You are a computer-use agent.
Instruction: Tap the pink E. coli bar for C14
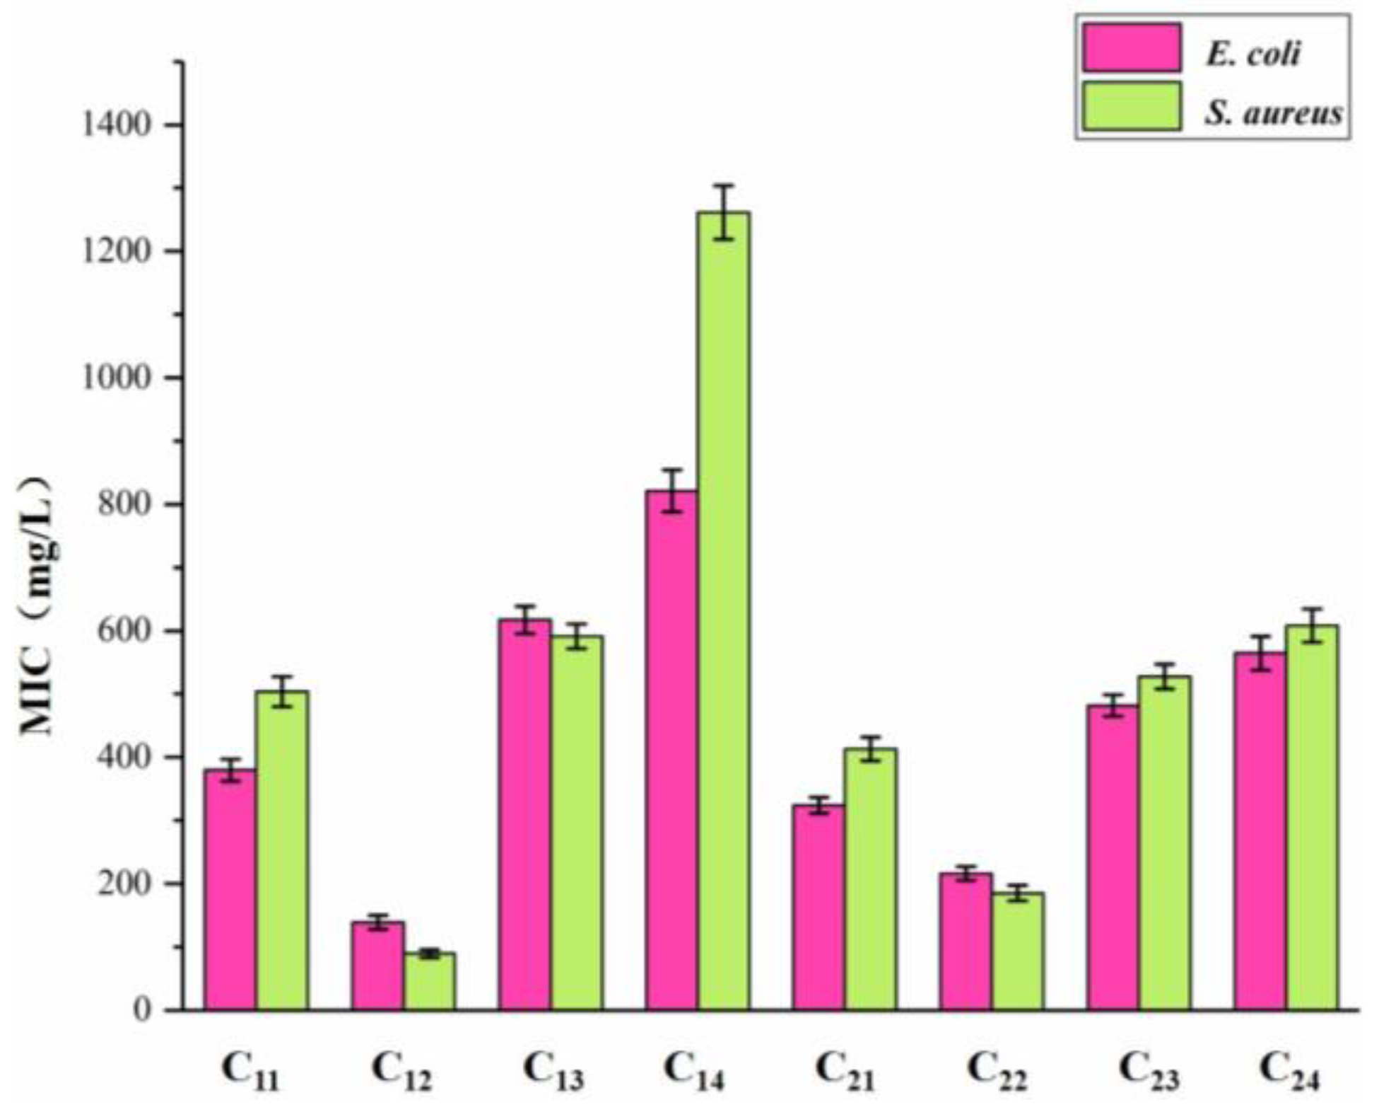pyautogui.click(x=671, y=750)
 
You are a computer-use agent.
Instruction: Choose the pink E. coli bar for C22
pyautogui.click(x=966, y=941)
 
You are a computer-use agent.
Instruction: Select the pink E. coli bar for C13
pyautogui.click(x=524, y=814)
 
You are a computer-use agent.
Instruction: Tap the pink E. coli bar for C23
pyautogui.click(x=1113, y=857)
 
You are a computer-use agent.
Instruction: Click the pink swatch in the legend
pyautogui.click(x=1131, y=47)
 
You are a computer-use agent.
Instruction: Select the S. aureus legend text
pyautogui.click(x=1273, y=112)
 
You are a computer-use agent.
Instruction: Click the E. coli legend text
pyautogui.click(x=1252, y=54)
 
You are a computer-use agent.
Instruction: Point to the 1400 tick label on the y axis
pyautogui.click(x=117, y=125)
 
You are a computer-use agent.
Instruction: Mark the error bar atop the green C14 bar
pyautogui.click(x=723, y=212)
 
